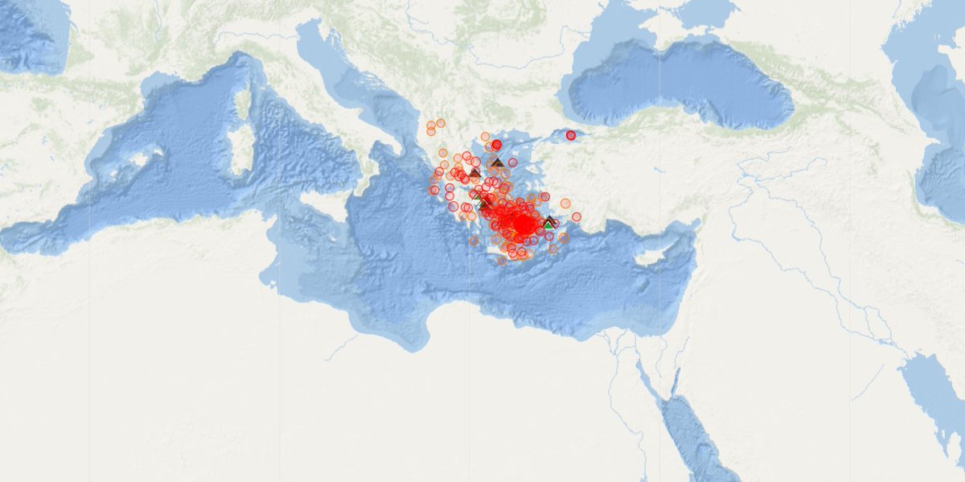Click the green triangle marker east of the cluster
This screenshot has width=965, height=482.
click(549, 225)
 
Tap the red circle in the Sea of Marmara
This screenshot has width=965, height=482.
click(571, 135)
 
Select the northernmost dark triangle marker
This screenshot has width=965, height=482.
click(497, 163)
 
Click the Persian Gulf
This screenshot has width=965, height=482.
click(933, 394)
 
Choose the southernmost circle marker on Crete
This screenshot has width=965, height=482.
click(502, 261)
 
